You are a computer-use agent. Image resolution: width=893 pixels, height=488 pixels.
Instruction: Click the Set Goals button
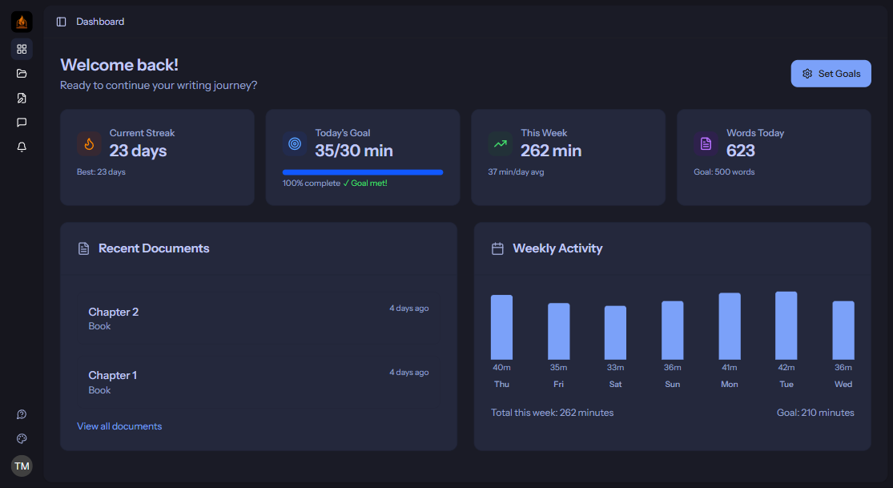tap(831, 74)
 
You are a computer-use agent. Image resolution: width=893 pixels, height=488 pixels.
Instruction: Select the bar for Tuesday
tap(786, 325)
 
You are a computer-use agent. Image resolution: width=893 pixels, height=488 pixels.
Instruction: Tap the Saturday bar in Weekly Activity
tap(615, 333)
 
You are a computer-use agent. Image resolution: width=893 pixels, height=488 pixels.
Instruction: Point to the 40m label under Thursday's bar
tap(501, 368)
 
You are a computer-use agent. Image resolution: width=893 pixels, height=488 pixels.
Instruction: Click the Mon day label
tap(730, 385)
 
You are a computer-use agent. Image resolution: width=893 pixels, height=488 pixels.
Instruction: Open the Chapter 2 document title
tap(114, 312)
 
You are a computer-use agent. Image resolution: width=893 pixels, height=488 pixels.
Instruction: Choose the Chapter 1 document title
tap(113, 375)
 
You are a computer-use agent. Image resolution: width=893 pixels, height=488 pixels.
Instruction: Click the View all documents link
tap(119, 426)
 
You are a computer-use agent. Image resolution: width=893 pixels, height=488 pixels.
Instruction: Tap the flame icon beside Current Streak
tap(89, 144)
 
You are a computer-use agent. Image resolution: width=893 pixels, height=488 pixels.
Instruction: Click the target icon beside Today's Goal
tap(295, 144)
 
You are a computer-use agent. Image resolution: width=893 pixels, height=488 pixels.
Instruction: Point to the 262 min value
tap(551, 151)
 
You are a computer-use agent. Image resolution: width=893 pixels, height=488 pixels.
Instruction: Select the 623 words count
tap(741, 151)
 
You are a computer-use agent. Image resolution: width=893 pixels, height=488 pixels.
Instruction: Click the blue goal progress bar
tap(363, 172)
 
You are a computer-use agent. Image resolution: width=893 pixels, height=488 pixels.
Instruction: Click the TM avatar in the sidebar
tap(22, 466)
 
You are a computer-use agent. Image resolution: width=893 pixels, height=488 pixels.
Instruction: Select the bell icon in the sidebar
tap(22, 147)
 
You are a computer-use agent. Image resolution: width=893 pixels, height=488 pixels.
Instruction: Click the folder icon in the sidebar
tap(22, 74)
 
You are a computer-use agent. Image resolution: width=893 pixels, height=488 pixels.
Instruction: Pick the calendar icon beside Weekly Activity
tap(497, 248)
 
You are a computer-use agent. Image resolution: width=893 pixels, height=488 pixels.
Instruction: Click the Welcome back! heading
tap(119, 65)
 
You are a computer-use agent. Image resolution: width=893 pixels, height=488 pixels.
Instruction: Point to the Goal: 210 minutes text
tap(815, 413)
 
